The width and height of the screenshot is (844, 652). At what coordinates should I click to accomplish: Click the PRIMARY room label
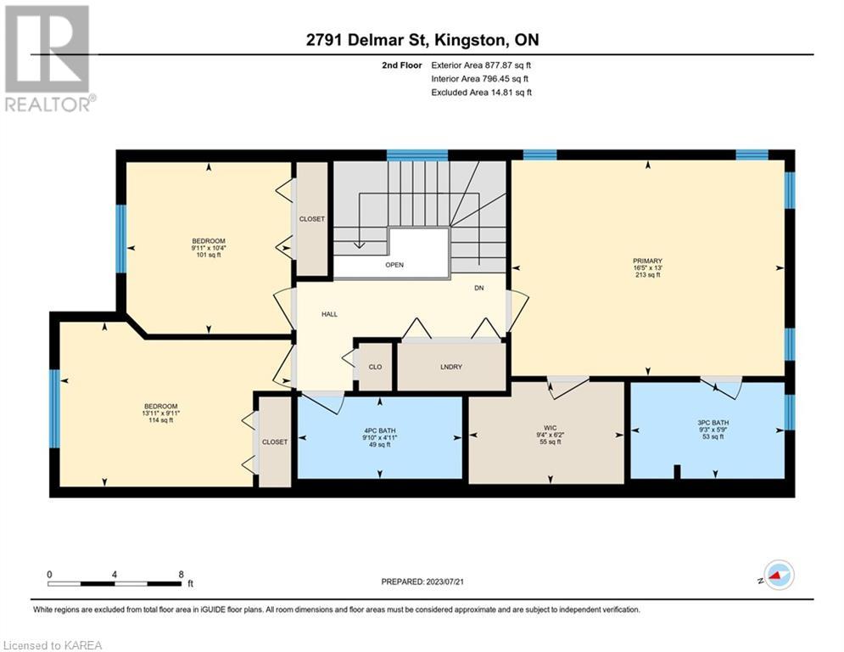(647, 261)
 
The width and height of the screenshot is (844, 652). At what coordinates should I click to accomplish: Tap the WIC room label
(551, 428)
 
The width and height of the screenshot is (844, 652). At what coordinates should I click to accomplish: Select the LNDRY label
(451, 367)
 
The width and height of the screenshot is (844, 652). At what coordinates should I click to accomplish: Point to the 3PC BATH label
(713, 423)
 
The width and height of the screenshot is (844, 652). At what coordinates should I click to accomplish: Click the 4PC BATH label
(379, 430)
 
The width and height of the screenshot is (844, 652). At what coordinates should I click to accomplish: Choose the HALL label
(329, 314)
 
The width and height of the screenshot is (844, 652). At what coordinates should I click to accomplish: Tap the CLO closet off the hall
(375, 367)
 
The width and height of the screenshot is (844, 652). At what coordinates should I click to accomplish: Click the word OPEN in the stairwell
(394, 265)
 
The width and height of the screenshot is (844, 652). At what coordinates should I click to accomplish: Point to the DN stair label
(479, 288)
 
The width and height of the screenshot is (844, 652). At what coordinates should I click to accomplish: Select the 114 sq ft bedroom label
(160, 413)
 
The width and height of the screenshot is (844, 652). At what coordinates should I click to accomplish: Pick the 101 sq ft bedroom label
(209, 248)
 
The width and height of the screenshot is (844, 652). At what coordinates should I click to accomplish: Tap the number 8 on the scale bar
(181, 575)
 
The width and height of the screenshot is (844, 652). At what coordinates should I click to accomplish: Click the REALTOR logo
(49, 59)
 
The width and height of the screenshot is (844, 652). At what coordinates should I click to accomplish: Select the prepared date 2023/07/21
(444, 582)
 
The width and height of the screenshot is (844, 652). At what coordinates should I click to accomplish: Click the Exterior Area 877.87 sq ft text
(481, 65)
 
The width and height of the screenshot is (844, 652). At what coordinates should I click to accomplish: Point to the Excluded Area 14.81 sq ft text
(481, 93)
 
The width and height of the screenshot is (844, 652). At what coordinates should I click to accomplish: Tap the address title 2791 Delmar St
(366, 40)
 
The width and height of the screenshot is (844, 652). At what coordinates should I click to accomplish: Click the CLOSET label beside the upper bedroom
(312, 219)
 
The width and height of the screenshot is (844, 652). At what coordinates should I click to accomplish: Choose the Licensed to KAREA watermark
(53, 645)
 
